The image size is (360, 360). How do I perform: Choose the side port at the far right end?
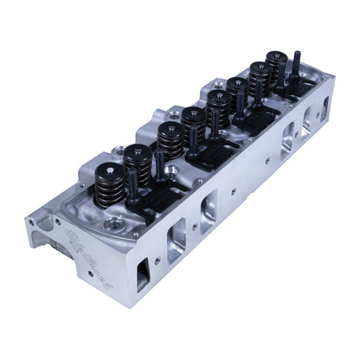coord(325,107)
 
